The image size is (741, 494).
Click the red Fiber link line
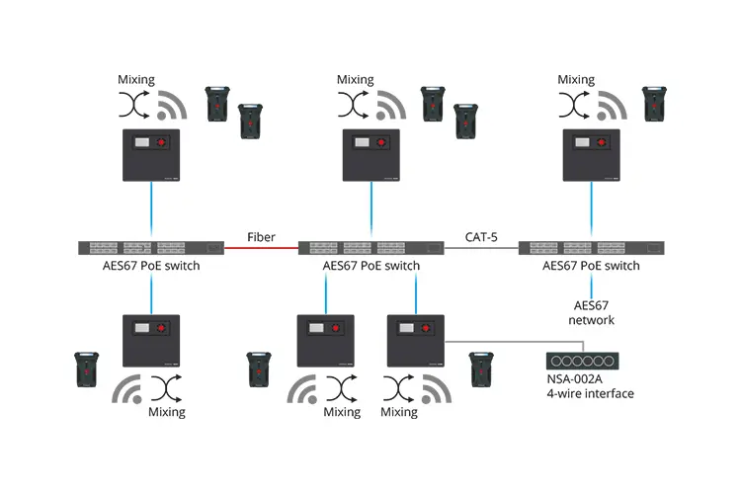pyautogui.click(x=261, y=248)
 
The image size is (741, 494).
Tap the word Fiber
pyautogui.click(x=261, y=236)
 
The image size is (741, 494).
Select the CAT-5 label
pyautogui.click(x=481, y=236)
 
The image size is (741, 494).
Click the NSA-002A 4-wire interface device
pyautogui.click(x=581, y=362)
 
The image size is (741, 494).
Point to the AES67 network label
pyautogui.click(x=591, y=312)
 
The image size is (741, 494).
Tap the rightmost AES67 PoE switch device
pyautogui.click(x=591, y=248)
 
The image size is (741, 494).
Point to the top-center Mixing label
pyautogui.click(x=356, y=80)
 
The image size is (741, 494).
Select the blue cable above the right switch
pyautogui.click(x=592, y=210)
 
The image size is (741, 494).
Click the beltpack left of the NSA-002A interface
pyautogui.click(x=481, y=368)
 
